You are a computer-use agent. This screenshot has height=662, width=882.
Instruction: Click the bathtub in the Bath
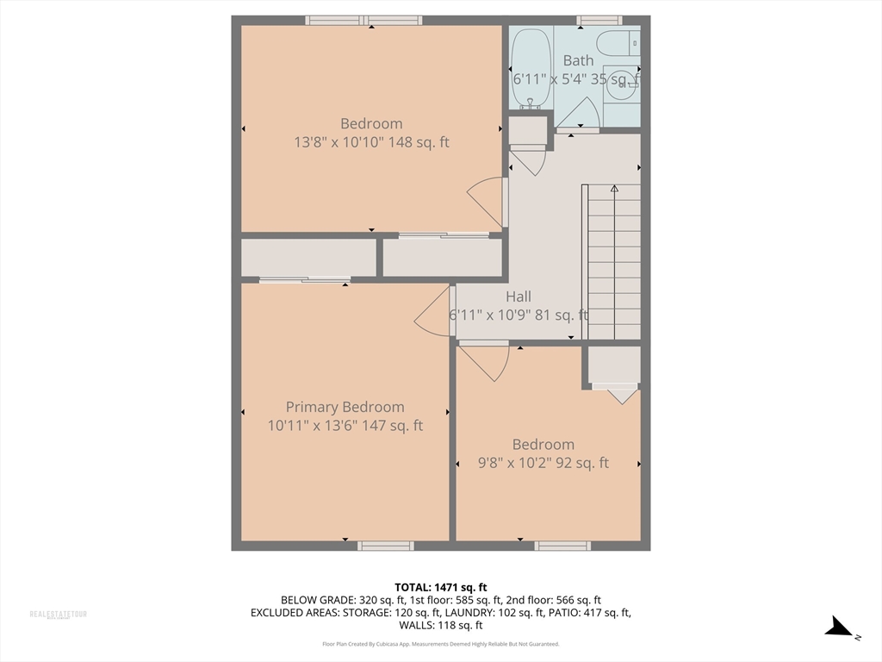(530, 67)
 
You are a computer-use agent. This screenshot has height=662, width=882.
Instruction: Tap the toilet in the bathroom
(618, 42)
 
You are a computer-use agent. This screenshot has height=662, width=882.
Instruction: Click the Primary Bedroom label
(345, 407)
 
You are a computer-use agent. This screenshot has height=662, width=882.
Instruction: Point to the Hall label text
(519, 297)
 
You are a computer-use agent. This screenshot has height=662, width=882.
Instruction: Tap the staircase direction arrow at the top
(614, 188)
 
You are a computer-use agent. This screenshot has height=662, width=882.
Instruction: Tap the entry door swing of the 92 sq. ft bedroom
(486, 360)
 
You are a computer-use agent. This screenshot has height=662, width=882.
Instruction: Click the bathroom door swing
(580, 115)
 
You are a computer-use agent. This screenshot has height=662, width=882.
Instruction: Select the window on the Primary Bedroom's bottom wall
(385, 546)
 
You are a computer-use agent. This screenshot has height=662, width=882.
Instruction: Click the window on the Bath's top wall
(599, 20)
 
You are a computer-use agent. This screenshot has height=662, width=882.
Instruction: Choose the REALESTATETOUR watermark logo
(59, 615)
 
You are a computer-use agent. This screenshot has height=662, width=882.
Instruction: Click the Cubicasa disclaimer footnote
(440, 644)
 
